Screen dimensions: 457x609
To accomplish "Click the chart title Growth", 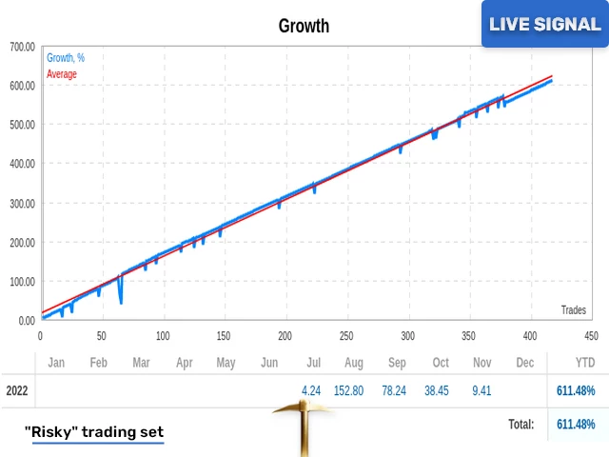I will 304,26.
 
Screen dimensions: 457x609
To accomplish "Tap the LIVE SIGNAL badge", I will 544,24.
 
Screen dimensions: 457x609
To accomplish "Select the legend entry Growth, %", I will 66,58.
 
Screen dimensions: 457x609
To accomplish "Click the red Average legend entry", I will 62,74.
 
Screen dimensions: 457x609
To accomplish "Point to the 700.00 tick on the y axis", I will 22,46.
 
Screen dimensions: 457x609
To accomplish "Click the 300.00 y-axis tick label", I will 22,203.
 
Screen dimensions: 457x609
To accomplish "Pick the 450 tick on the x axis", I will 591,335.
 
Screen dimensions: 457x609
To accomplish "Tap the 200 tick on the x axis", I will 285,335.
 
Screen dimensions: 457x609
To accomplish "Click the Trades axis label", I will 573,309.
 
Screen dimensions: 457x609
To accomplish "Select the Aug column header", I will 354,363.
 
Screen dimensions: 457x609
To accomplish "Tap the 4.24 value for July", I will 310,390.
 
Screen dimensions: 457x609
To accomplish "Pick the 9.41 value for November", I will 483,390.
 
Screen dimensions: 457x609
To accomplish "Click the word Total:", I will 520,424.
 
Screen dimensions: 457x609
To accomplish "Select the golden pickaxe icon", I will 300,421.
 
